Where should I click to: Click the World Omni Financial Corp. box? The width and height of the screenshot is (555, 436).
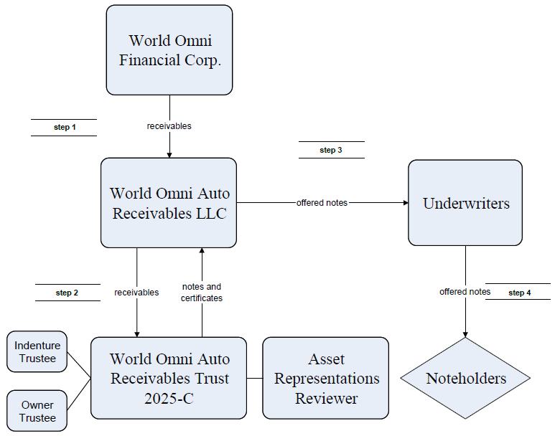[x=169, y=50]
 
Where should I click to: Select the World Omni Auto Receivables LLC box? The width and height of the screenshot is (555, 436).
[x=169, y=203]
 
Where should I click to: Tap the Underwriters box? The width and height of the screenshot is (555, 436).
[x=465, y=203]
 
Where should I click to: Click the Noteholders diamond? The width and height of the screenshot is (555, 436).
[x=465, y=378]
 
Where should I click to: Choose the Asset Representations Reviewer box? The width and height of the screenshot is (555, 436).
[x=326, y=378]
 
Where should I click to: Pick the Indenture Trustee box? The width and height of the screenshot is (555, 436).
[x=37, y=351]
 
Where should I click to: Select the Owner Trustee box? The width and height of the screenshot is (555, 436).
[x=37, y=411]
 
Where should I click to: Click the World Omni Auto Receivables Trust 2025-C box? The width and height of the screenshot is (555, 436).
[x=169, y=378]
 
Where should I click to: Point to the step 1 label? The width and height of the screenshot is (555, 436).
[x=65, y=128]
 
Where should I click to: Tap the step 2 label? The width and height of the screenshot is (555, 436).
[x=67, y=293]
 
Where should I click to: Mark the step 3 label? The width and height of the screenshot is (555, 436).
[x=331, y=150]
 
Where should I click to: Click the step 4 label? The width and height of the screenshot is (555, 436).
[x=520, y=293]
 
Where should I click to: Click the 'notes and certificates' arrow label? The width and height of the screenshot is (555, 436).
[x=202, y=293]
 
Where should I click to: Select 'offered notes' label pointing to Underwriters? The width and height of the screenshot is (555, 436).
[x=322, y=203]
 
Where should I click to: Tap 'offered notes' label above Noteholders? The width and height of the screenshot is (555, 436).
[x=465, y=292]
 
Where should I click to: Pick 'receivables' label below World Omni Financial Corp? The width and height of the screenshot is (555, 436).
[x=169, y=126]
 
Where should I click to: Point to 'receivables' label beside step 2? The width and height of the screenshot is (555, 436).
[x=136, y=293]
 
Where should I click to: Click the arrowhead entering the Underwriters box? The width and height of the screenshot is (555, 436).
[x=406, y=203]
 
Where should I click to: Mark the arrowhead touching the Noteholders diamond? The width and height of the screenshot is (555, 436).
[x=465, y=335]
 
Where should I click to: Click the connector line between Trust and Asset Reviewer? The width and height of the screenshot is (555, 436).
[x=255, y=379]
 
